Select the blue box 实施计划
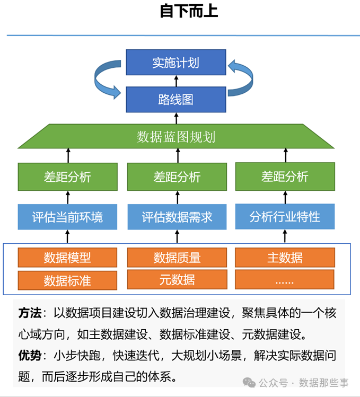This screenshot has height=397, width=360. (175, 63)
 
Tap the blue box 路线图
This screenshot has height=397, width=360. (175, 99)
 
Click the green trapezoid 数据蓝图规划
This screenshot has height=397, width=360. (175, 137)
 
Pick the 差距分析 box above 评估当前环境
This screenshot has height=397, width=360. (67, 177)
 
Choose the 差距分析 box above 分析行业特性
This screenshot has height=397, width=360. (285, 176)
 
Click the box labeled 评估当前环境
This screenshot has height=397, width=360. (67, 217)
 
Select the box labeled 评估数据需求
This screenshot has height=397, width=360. (177, 217)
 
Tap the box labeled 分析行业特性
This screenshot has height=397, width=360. (285, 216)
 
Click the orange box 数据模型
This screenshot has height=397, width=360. (67, 258)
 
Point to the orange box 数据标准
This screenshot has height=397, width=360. (67, 280)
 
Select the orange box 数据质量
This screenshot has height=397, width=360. (177, 258)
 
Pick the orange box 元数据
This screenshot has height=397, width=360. (177, 279)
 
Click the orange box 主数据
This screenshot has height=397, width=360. (285, 258)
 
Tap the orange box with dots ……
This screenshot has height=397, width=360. (285, 280)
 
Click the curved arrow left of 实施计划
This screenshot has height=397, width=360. (108, 80)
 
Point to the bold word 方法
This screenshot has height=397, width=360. (29, 313)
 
